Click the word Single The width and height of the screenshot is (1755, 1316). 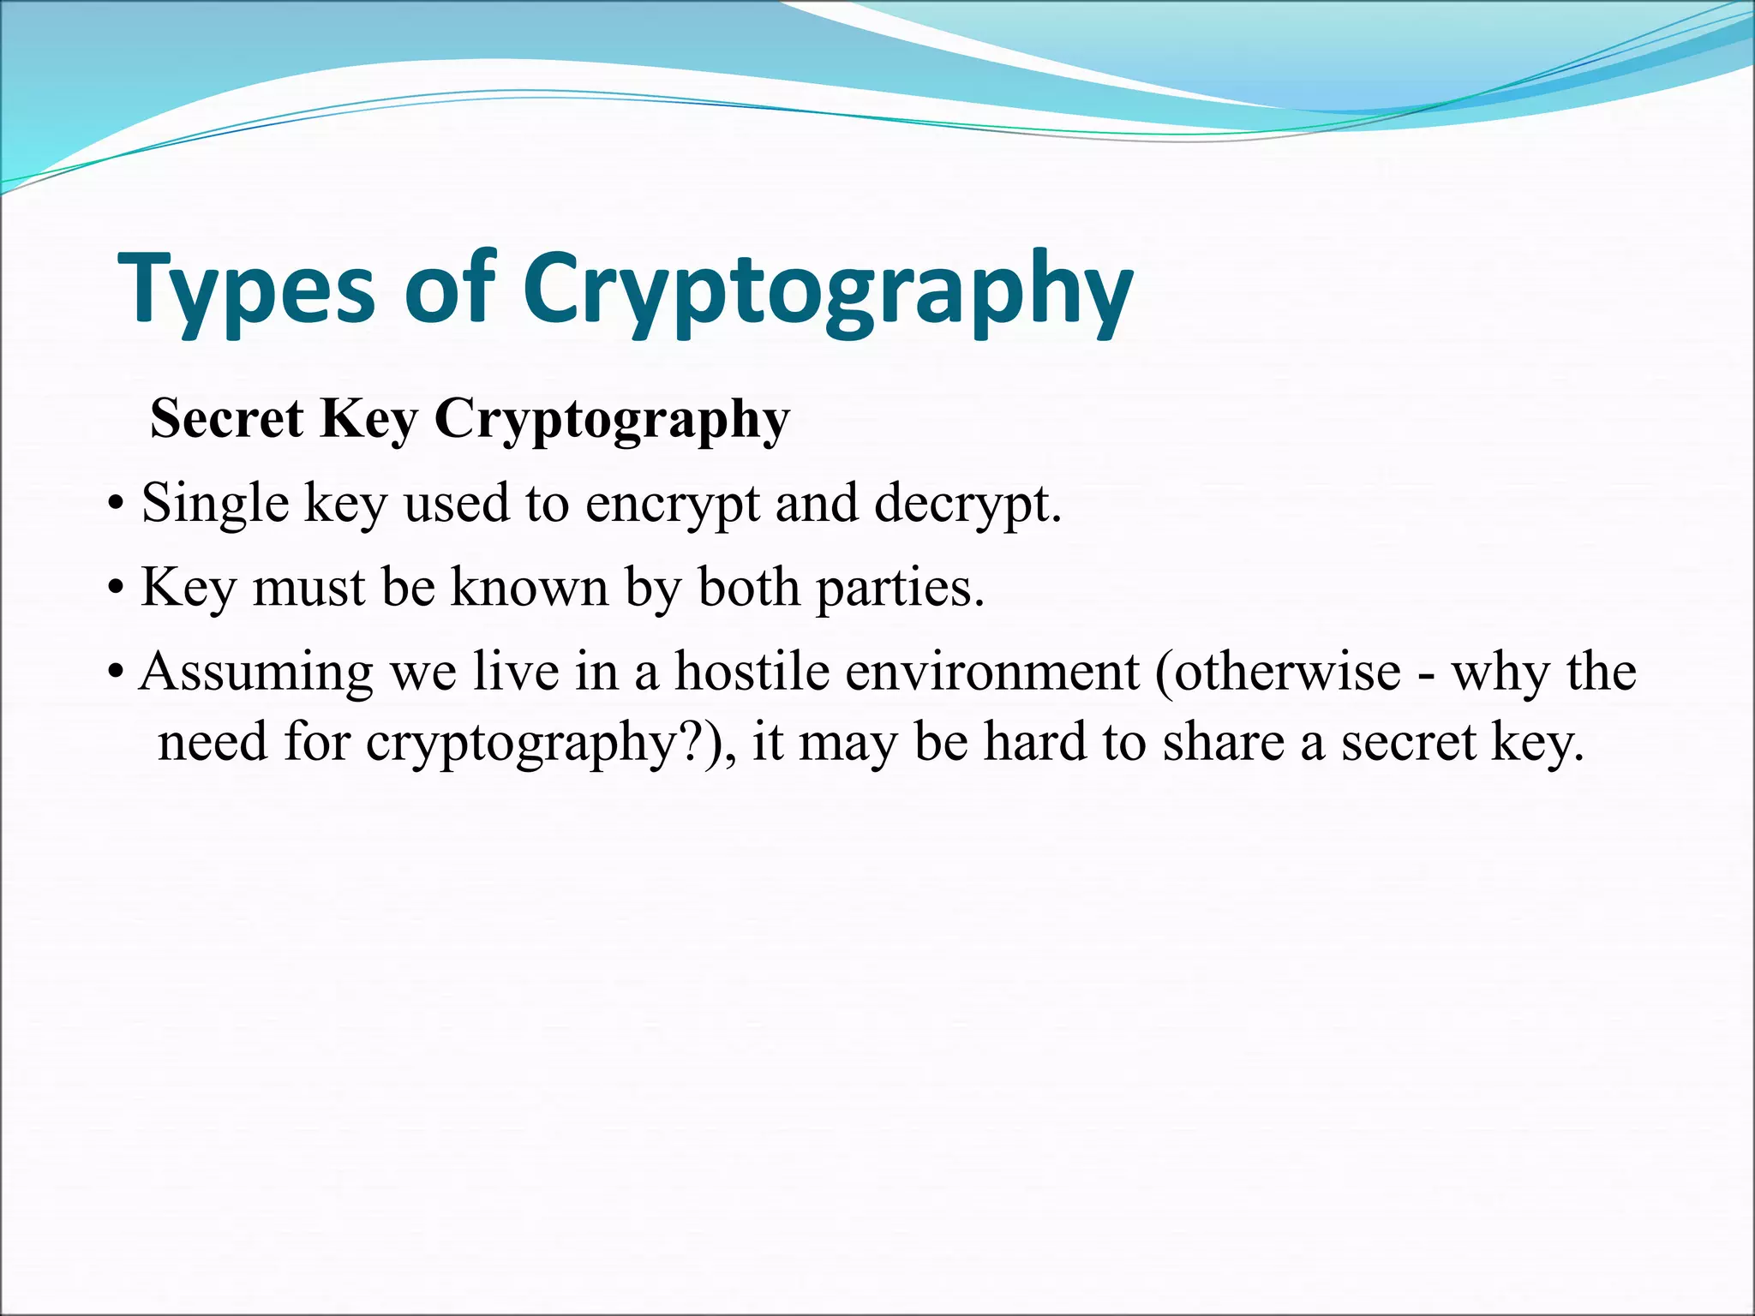pos(215,504)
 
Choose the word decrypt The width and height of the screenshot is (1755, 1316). pos(967,504)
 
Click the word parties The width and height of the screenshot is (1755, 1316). pos(900,589)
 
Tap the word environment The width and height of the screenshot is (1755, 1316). pos(992,673)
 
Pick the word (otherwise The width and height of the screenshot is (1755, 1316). pos(1278,671)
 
